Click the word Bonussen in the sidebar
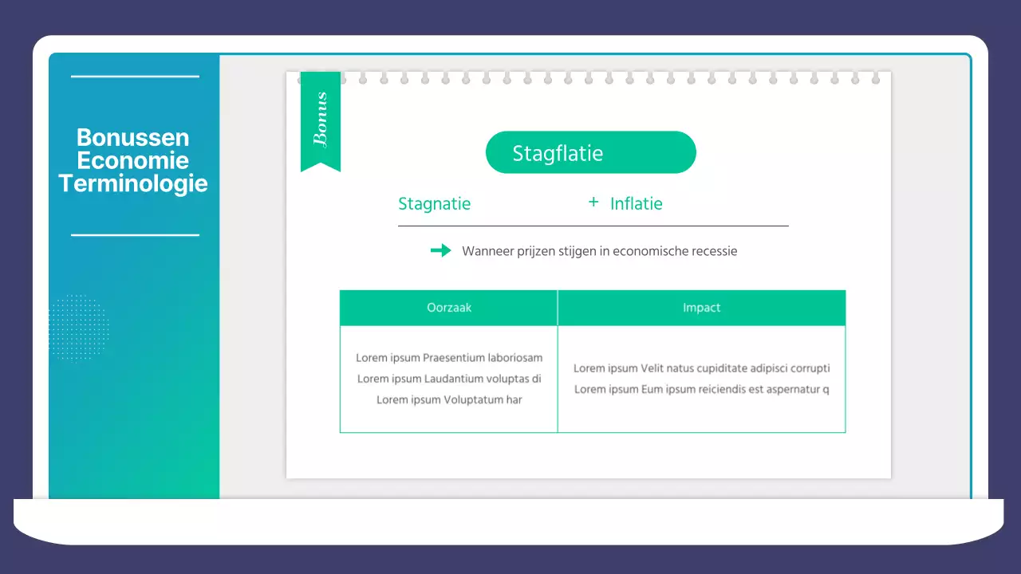pyautogui.click(x=133, y=138)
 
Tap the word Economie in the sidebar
pyautogui.click(x=133, y=161)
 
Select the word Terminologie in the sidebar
pyautogui.click(x=133, y=184)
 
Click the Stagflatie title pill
pyautogui.click(x=590, y=152)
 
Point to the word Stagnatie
pyautogui.click(x=434, y=204)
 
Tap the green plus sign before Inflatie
pyautogui.click(x=593, y=202)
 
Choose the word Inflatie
pyautogui.click(x=637, y=204)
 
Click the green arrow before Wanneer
pyautogui.click(x=440, y=251)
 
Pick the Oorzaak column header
pyautogui.click(x=449, y=308)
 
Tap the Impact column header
pyautogui.click(x=702, y=308)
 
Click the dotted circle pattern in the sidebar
pyautogui.click(x=78, y=327)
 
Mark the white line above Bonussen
pyautogui.click(x=135, y=77)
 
